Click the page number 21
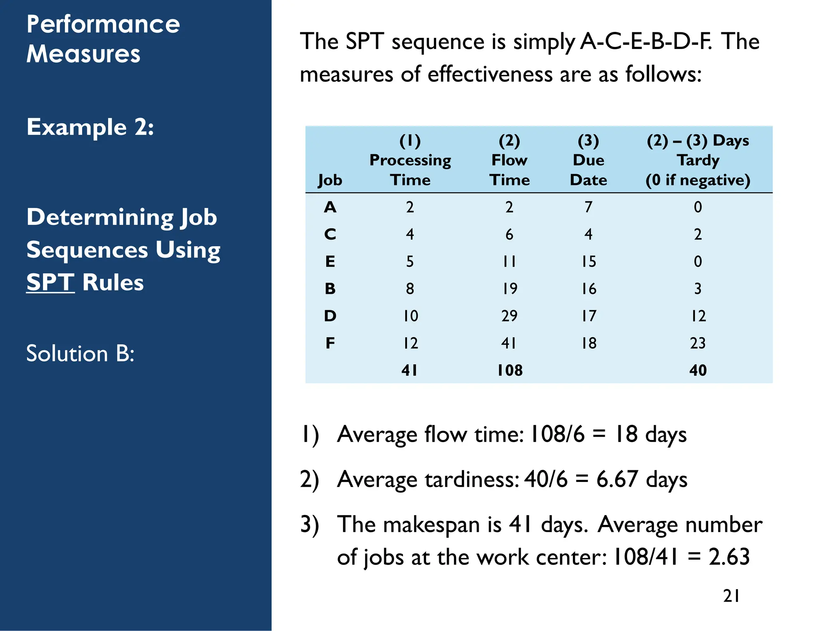731,596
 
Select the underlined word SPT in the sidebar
50,283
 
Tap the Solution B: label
80,354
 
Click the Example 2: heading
90,127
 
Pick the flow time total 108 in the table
509,370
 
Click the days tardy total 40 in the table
698,370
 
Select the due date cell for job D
588,316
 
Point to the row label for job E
330,261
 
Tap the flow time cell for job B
509,289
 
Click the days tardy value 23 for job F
698,343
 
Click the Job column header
330,180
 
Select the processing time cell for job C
410,234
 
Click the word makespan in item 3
431,525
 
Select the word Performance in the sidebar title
103,24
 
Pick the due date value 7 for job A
588,207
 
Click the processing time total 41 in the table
410,370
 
